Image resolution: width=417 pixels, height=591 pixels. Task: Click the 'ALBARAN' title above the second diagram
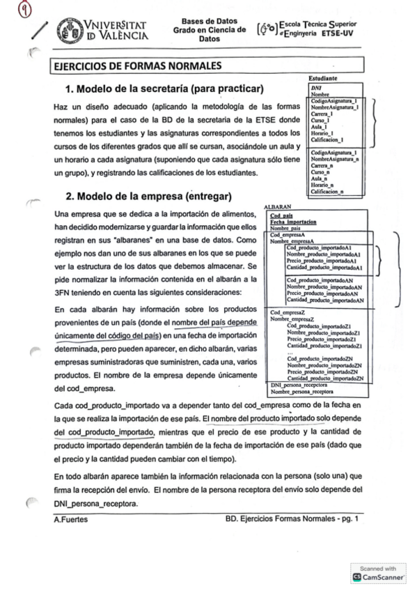(278, 208)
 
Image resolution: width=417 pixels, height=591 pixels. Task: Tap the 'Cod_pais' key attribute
(281, 215)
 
